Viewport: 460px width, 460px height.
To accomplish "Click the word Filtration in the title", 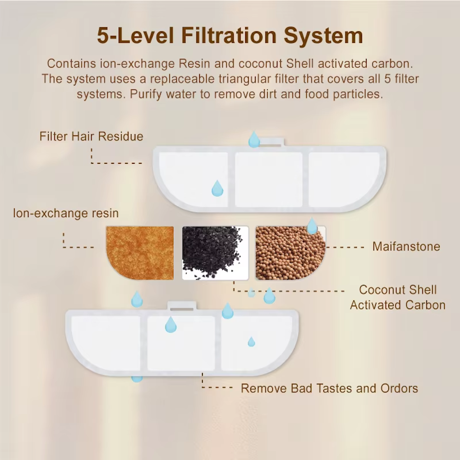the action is coord(229,35).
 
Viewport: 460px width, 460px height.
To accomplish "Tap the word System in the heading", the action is coord(323,36).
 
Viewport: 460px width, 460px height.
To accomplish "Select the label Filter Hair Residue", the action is coord(91,137).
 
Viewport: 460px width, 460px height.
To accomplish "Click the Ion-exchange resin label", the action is coord(66,213).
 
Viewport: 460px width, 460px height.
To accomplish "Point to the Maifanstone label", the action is coord(406,247).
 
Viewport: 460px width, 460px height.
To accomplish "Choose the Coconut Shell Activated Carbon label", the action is coord(398,298).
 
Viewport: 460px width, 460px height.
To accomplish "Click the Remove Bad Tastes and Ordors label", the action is coord(329,388).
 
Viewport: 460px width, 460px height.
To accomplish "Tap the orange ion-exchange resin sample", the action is coord(140,253).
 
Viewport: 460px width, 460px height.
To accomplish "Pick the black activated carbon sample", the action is coord(215,253).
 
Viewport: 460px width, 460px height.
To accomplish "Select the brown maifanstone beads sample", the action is coord(290,253).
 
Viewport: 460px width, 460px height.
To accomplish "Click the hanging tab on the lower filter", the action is coord(182,306).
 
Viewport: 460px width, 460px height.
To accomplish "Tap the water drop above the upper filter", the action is coord(254,139).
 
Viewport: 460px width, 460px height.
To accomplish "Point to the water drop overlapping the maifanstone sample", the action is coord(312,226).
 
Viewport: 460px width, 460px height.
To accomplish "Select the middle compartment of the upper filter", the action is coord(269,179).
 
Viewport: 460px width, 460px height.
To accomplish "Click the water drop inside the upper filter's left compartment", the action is coord(218,188).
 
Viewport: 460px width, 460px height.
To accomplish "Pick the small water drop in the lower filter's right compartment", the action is coord(252,342).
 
